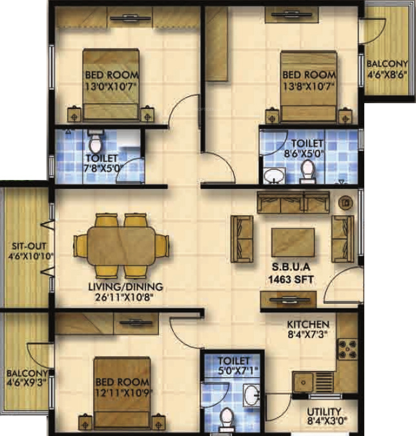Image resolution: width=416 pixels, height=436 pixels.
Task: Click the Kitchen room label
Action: [x=307, y=324]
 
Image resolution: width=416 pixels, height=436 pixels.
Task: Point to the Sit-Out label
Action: [x=26, y=251]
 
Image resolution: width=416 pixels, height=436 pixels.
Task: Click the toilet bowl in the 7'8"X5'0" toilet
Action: [x=95, y=139]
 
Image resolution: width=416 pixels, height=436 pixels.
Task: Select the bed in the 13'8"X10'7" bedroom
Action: [x=309, y=88]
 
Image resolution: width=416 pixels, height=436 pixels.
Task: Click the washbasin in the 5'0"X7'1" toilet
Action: [x=252, y=395]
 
